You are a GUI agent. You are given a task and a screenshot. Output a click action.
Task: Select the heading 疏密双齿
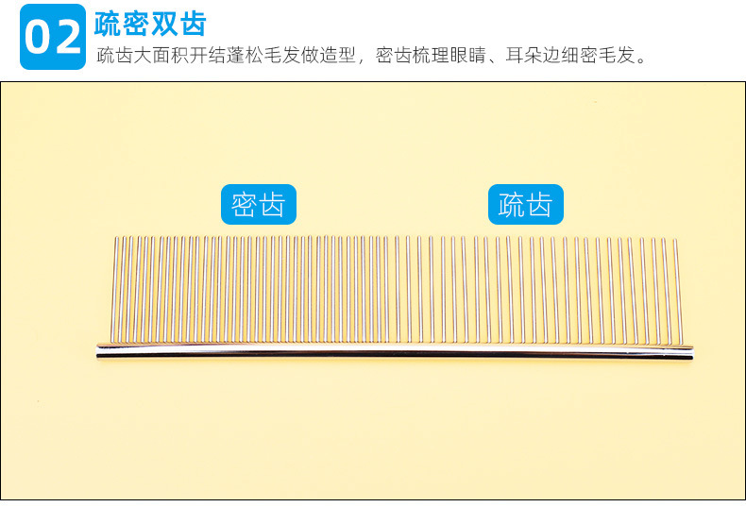point(150,23)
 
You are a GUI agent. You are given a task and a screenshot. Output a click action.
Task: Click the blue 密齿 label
point(258,204)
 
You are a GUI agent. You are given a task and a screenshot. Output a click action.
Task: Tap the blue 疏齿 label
point(525,204)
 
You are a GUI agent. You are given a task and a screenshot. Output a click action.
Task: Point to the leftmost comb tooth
point(116,288)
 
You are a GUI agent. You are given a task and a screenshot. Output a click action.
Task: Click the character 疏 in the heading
point(109,23)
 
